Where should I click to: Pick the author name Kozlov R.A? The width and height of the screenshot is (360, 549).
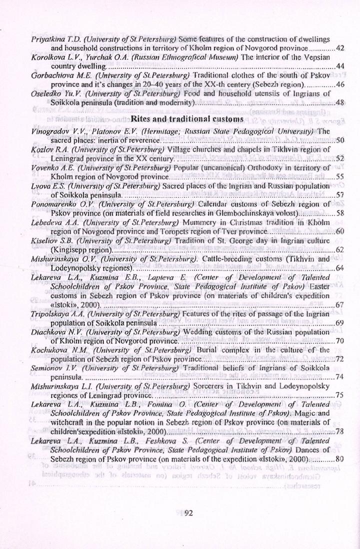coord(46,149)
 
